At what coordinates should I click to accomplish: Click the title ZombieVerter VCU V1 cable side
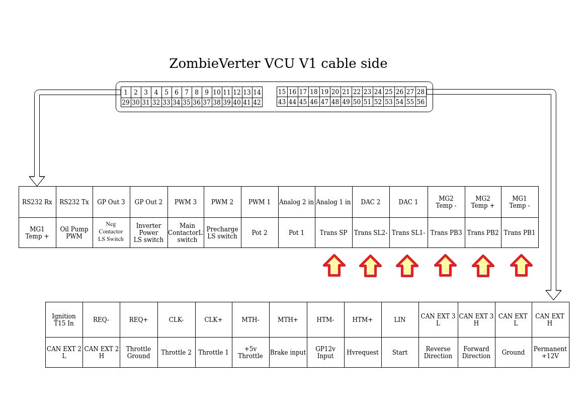point(278,64)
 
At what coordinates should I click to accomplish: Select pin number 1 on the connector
point(126,92)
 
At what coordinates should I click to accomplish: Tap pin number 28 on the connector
point(421,92)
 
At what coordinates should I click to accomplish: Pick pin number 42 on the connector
point(257,102)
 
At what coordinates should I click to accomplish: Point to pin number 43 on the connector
point(282,102)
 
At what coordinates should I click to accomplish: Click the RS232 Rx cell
point(37,202)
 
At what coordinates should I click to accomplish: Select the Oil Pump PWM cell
point(74,232)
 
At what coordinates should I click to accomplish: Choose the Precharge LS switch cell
point(222,232)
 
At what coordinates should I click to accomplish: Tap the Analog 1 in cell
point(333,202)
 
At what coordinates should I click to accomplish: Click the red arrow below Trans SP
point(334,265)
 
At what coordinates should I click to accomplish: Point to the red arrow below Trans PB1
point(521,265)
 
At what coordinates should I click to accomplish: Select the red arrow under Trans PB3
point(445,265)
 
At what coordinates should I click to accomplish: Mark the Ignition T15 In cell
point(64,319)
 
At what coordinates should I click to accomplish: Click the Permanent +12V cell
point(550,352)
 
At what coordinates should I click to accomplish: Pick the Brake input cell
point(288,352)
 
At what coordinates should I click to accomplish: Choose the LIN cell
point(400,319)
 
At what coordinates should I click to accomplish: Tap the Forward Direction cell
point(476,352)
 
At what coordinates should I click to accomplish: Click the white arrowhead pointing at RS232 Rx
point(37,181)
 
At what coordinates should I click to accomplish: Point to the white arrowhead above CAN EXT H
point(553,294)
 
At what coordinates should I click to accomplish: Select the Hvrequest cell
point(363,352)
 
